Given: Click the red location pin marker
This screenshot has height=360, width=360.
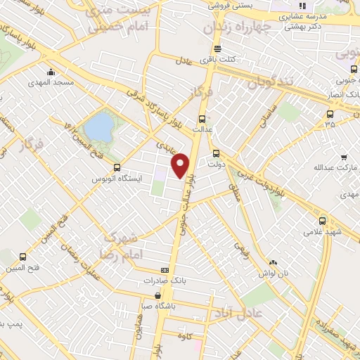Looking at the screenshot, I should pyautogui.click(x=181, y=165).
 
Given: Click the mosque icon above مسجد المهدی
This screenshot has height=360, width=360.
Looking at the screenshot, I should pyautogui.click(x=51, y=72).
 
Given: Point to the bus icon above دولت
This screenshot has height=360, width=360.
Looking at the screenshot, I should pyautogui.click(x=216, y=152).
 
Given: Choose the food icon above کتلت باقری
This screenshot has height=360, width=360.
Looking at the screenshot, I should pyautogui.click(x=217, y=49).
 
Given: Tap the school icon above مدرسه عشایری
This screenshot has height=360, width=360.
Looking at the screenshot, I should pyautogui.click(x=303, y=6).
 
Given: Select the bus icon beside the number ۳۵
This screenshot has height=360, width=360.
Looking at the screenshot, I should pyautogui.click(x=330, y=114).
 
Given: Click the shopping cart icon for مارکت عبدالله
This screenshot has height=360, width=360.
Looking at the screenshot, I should pyautogui.click(x=343, y=157).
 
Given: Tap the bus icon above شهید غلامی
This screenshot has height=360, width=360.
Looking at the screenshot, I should pyautogui.click(x=322, y=220).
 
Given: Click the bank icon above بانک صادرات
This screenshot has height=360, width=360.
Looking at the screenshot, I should pyautogui.click(x=165, y=269).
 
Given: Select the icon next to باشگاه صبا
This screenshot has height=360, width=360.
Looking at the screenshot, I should pyautogui.click(x=157, y=295).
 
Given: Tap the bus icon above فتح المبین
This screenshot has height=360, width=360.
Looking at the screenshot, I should pyautogui.click(x=23, y=257).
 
